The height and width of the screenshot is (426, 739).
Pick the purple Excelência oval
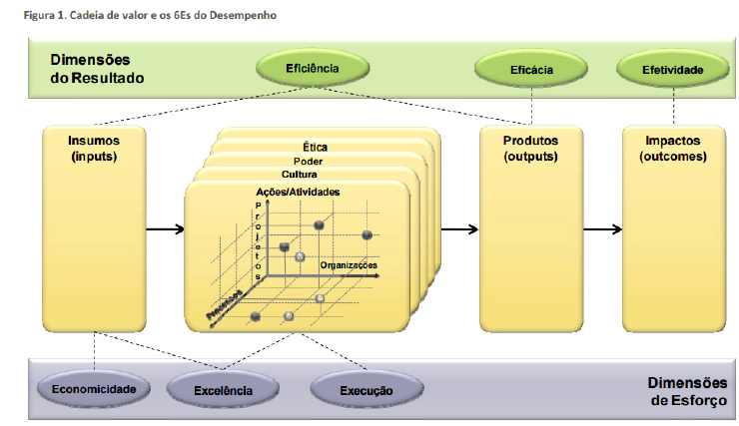pyautogui.click(x=224, y=390)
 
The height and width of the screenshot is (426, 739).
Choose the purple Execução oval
pyautogui.click(x=366, y=389)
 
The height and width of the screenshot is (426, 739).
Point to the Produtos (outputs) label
pyautogui.click(x=530, y=149)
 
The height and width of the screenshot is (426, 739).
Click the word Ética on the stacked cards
pyautogui.click(x=315, y=148)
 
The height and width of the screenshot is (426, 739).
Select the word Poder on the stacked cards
pyautogui.click(x=309, y=161)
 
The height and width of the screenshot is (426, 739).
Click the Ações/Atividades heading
pyautogui.click(x=298, y=192)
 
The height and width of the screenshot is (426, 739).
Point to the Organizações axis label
pyautogui.click(x=349, y=264)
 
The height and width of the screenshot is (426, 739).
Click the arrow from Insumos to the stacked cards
pyautogui.click(x=166, y=229)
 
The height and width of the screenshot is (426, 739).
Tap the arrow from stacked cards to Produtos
pyautogui.click(x=458, y=229)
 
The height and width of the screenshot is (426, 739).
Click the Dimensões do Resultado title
pyautogui.click(x=97, y=69)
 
